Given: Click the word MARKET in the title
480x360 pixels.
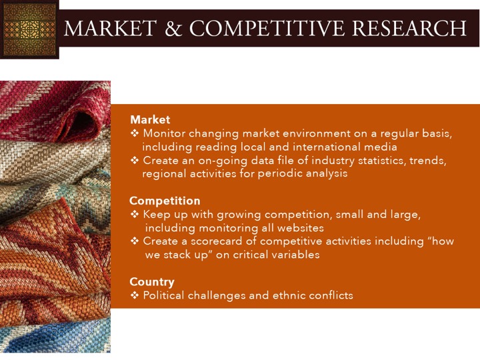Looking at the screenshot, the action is pyautogui.click(x=110, y=28).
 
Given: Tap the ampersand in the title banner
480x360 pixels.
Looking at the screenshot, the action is pyautogui.click(x=173, y=28).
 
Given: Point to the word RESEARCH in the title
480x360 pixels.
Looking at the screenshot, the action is pyautogui.click(x=409, y=28).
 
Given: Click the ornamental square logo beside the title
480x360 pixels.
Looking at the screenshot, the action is pyautogui.click(x=29, y=29).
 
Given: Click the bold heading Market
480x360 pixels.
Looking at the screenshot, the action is pyautogui.click(x=150, y=120).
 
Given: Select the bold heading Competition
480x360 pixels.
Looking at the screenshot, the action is pyautogui.click(x=165, y=201).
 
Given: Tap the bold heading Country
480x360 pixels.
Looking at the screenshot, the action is pyautogui.click(x=152, y=282).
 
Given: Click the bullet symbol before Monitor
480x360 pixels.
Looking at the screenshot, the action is pyautogui.click(x=135, y=133).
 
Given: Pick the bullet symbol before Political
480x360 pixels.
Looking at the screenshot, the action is pyautogui.click(x=135, y=295).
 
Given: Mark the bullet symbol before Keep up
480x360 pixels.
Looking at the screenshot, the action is pyautogui.click(x=135, y=214).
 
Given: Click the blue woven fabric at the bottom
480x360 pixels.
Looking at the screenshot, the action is pyautogui.click(x=55, y=337).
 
